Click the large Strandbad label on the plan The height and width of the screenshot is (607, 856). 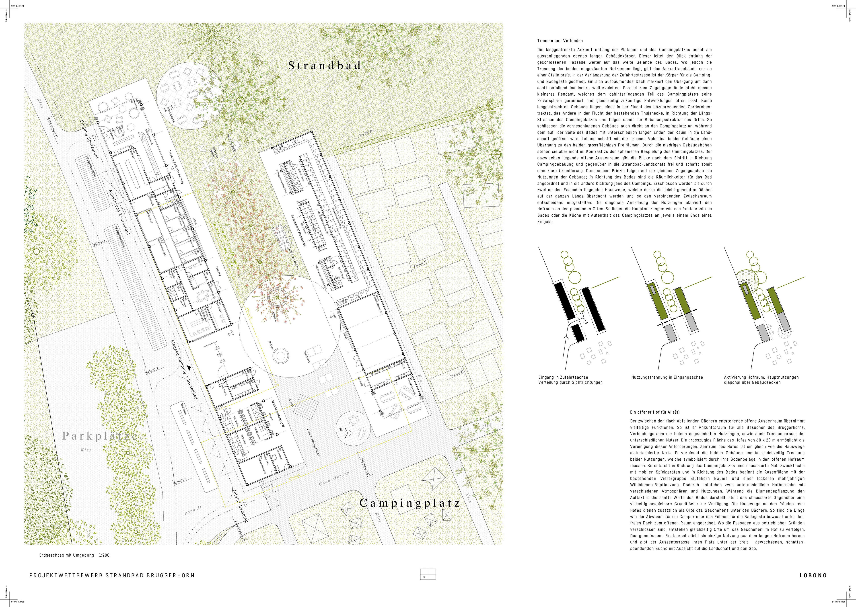coord(325,66)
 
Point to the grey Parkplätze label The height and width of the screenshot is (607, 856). coord(100,436)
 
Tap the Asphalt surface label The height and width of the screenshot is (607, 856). coord(193,510)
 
